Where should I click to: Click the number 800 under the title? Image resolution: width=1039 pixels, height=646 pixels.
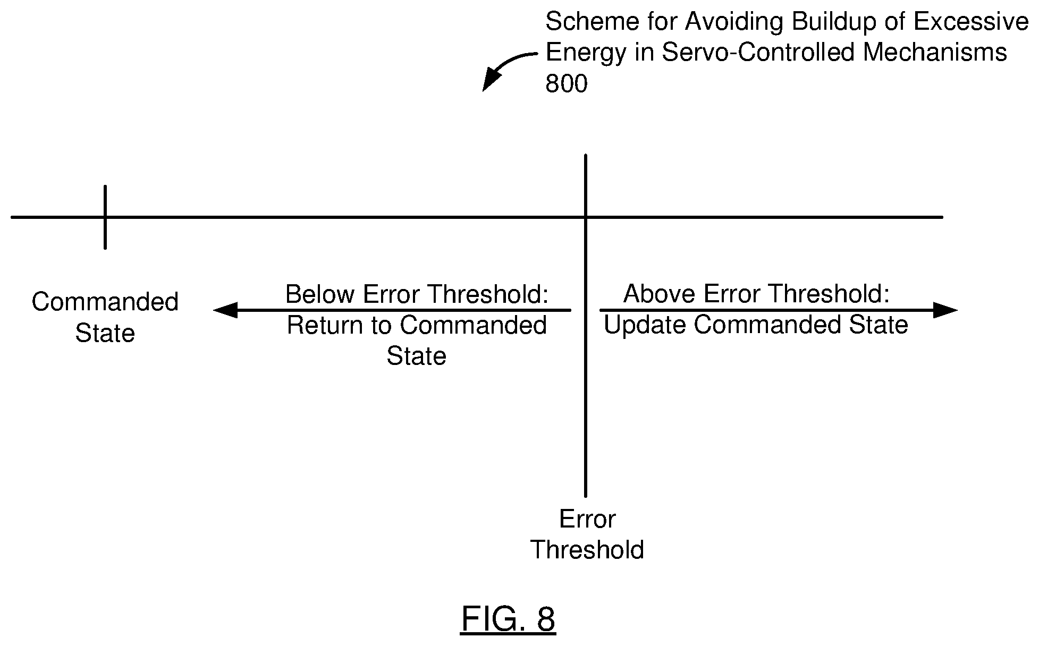click(567, 83)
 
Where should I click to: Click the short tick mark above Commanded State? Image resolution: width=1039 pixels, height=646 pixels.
click(105, 217)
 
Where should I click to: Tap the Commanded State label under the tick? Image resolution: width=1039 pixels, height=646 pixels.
click(105, 317)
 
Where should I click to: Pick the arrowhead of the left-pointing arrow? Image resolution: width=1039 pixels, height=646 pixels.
click(225, 310)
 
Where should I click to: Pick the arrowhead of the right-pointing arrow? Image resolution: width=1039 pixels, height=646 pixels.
click(945, 310)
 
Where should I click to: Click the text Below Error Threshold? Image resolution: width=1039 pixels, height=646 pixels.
click(417, 294)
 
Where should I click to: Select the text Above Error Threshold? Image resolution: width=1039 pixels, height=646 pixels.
click(756, 293)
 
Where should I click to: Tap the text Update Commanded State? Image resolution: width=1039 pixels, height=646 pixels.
click(756, 325)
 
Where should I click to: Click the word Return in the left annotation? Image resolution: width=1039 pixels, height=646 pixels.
click(323, 325)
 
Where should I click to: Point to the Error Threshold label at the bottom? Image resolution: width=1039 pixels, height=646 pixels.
click(587, 534)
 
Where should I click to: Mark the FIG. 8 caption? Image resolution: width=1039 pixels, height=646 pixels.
click(508, 618)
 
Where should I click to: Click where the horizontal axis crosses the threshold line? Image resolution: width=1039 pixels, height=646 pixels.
click(586, 217)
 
